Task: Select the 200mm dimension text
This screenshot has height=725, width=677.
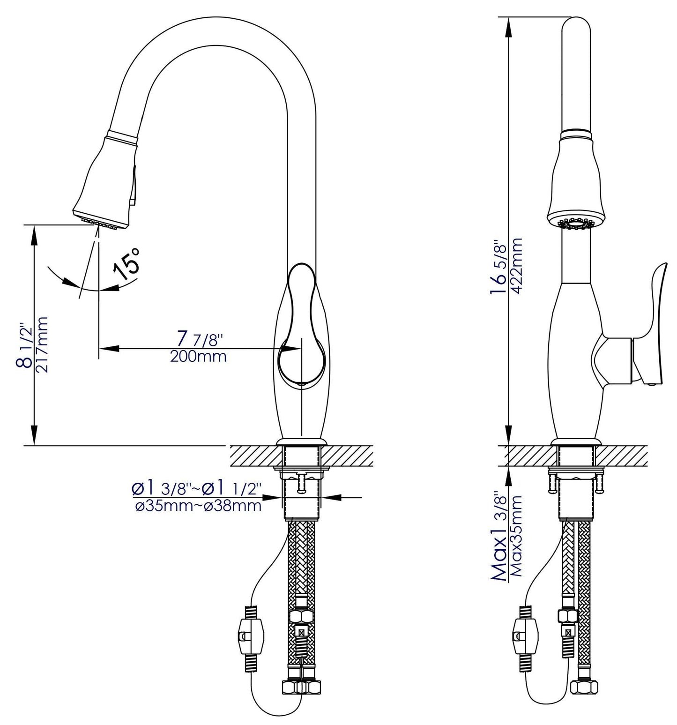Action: pos(198,357)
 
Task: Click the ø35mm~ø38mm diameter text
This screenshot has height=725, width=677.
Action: pos(198,507)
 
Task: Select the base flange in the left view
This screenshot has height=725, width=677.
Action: pos(300,442)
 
